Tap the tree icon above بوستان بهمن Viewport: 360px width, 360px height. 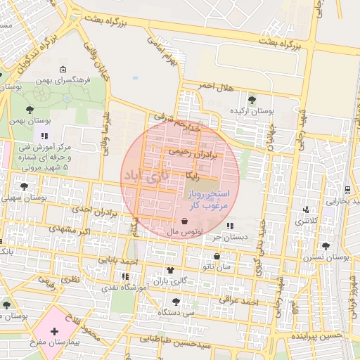(x=29, y=110)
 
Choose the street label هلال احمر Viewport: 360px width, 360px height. (x=214, y=85)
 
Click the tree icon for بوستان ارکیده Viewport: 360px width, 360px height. (x=251, y=98)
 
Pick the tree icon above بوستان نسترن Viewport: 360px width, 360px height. (x=325, y=246)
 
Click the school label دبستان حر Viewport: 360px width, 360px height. (x=231, y=238)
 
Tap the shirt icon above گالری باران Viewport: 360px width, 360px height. (x=169, y=269)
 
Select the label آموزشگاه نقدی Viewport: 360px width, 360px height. (x=124, y=288)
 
